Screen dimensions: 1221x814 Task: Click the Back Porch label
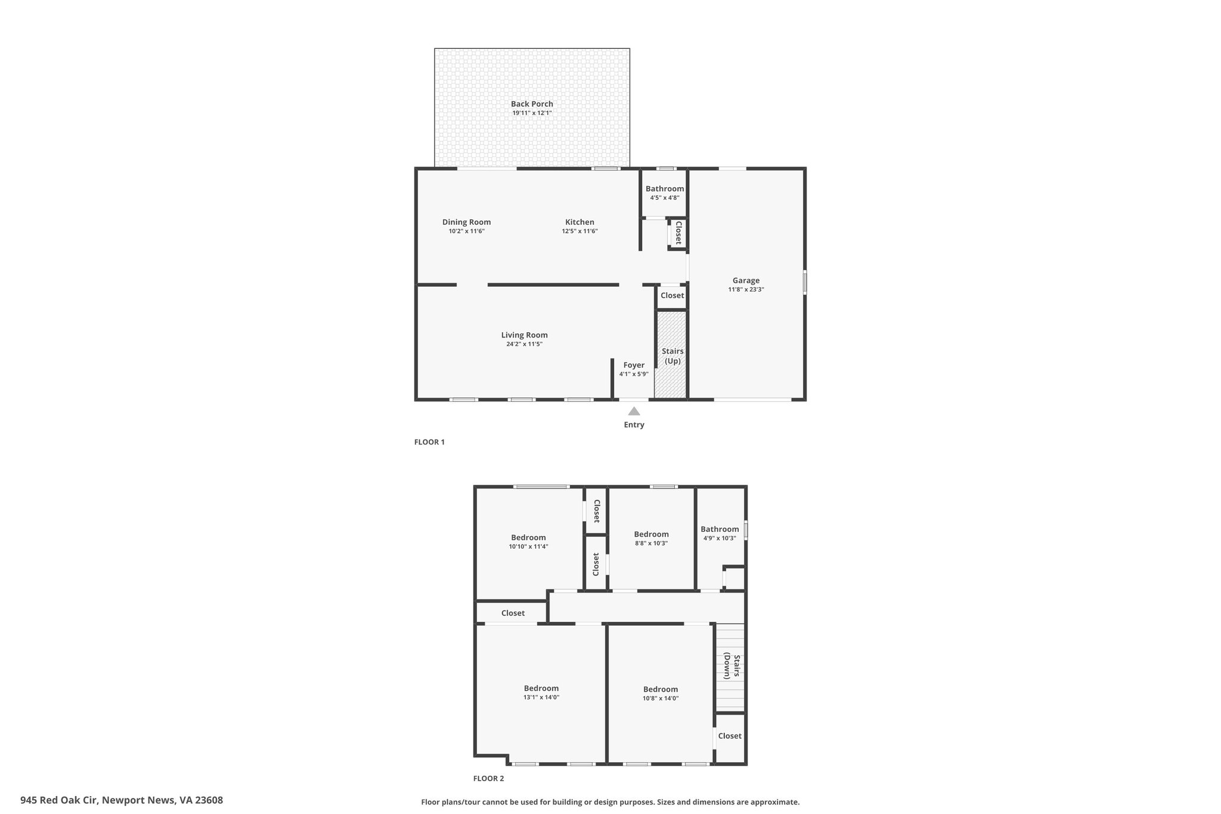[532, 104]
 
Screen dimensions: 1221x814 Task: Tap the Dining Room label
[466, 222]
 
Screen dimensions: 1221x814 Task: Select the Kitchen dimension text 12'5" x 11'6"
[579, 231]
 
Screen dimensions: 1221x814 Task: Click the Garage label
[746, 280]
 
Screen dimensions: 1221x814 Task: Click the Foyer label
[634, 365]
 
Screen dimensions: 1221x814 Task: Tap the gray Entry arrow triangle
[634, 411]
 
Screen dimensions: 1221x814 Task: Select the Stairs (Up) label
[673, 356]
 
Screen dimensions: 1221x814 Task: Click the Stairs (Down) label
[732, 666]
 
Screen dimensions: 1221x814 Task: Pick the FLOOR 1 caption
[429, 442]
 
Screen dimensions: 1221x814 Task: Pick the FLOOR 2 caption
[488, 778]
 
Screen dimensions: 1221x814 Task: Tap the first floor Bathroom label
[665, 188]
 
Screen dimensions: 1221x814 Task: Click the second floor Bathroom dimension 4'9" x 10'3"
[720, 538]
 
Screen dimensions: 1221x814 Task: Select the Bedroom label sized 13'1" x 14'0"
[541, 688]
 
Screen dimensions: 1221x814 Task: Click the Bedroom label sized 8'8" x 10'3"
[651, 534]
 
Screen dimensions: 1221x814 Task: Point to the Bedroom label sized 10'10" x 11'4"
[528, 537]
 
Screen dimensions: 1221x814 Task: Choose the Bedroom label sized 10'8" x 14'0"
[661, 689]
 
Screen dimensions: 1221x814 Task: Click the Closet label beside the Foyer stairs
[672, 295]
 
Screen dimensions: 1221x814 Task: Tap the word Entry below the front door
[634, 425]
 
